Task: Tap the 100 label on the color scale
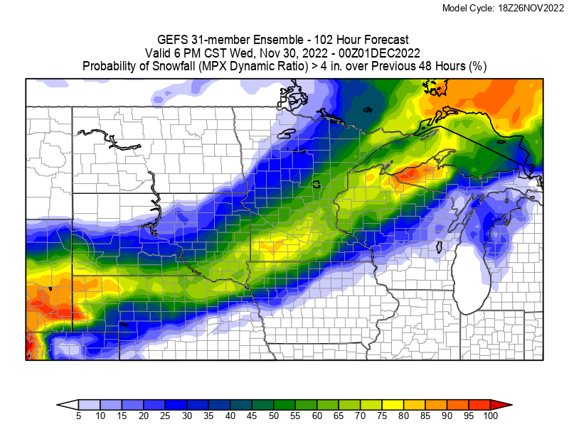490,416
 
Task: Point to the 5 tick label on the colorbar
78,416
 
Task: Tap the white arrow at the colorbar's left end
67,404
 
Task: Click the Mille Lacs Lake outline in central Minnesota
317,183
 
